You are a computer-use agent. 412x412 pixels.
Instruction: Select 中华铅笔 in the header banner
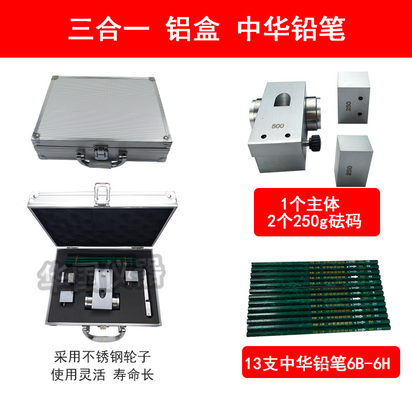pos(291,29)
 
